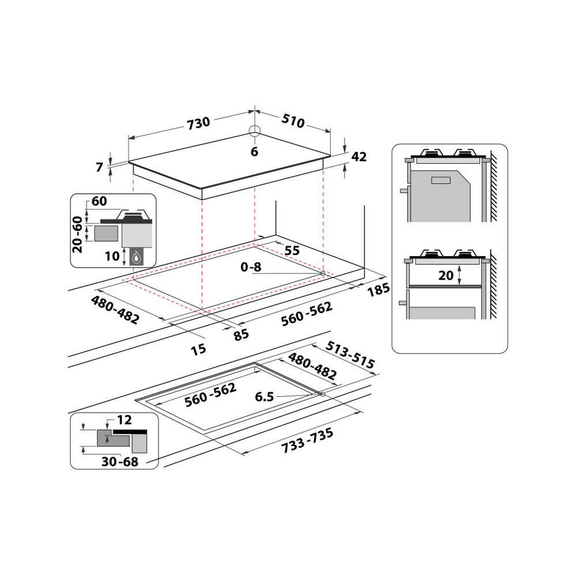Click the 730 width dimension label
(198, 122)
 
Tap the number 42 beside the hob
(359, 157)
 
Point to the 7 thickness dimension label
(100, 167)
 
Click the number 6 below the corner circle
(254, 152)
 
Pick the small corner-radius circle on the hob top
(255, 130)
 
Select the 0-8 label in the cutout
(250, 267)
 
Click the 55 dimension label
(293, 250)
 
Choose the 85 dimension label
(241, 334)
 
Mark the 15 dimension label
(198, 349)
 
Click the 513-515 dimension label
(350, 355)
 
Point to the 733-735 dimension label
(307, 441)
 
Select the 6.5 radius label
(264, 397)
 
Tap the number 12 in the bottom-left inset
(124, 419)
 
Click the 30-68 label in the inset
(120, 462)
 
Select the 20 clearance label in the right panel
(446, 276)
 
